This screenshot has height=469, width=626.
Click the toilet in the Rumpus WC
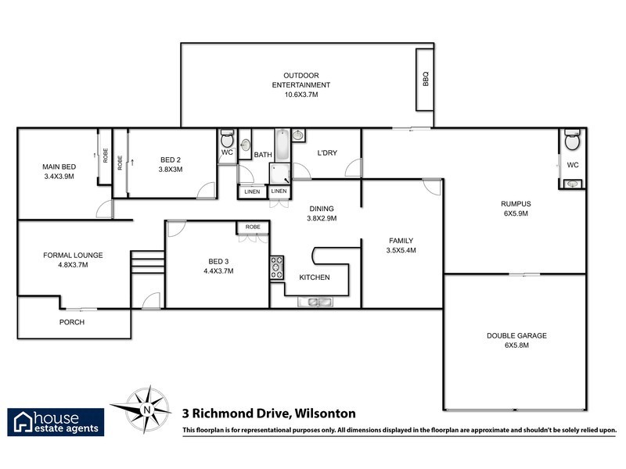572,143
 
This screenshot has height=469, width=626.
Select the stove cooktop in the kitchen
277,268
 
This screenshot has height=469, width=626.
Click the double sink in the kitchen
317,302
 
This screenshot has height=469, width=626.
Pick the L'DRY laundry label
326,153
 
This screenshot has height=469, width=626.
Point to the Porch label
72,322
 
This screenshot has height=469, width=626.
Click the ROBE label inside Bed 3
253,227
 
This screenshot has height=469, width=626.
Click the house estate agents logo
55,421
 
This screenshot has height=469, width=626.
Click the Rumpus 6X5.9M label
516,208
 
